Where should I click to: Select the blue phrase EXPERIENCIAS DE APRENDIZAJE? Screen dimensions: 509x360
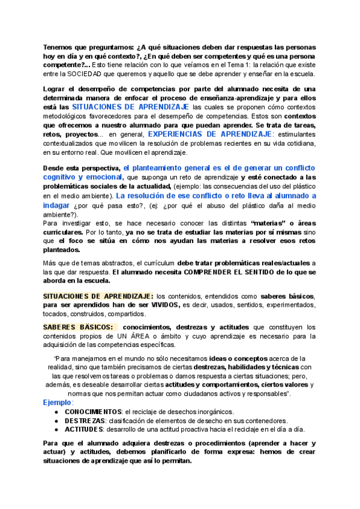pos(209,134)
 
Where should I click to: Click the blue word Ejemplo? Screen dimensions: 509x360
pos(57,402)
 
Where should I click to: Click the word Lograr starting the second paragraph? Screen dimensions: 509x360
pos(56,89)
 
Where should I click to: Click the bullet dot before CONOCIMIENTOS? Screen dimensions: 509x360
pos(56,411)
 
